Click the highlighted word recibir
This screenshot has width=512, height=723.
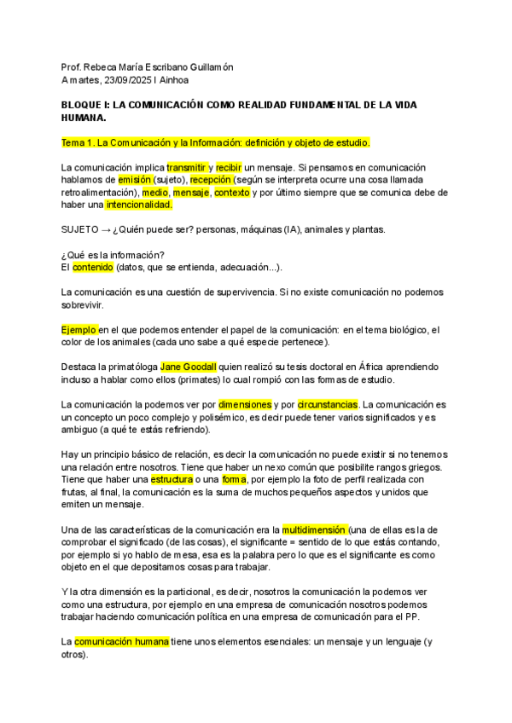229,168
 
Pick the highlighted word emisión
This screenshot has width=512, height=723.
136,181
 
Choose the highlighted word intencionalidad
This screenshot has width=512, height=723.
139,205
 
